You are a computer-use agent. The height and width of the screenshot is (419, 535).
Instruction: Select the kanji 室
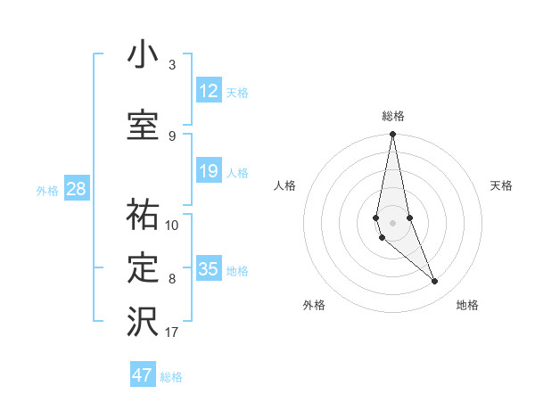(x=143, y=126)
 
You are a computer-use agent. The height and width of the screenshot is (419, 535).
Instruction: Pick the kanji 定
(x=143, y=268)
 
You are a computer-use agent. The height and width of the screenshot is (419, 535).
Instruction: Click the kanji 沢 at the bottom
(x=143, y=323)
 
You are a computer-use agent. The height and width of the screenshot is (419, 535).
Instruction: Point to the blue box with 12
(x=209, y=91)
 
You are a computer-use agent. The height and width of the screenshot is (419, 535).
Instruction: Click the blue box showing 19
(x=209, y=171)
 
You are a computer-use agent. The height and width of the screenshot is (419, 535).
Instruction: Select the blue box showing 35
(x=209, y=269)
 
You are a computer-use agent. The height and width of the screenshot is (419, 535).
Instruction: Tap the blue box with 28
(x=76, y=189)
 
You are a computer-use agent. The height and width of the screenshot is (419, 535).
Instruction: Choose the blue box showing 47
(x=143, y=375)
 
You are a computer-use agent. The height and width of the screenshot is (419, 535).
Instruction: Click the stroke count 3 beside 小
(x=172, y=65)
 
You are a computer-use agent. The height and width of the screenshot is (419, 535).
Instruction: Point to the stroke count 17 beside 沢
(x=172, y=333)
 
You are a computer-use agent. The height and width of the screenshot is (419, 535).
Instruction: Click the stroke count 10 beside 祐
(x=172, y=225)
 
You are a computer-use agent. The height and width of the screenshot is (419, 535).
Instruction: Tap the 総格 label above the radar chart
(x=393, y=116)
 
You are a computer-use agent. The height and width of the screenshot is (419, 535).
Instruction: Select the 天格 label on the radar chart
(x=502, y=185)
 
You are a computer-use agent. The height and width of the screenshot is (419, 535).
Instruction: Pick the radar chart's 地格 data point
(x=435, y=282)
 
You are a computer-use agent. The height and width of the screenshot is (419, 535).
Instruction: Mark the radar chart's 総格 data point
(x=393, y=135)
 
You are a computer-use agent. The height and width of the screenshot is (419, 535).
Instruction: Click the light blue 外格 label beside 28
(x=47, y=190)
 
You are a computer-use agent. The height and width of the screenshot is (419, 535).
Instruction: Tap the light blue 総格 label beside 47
(x=171, y=377)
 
